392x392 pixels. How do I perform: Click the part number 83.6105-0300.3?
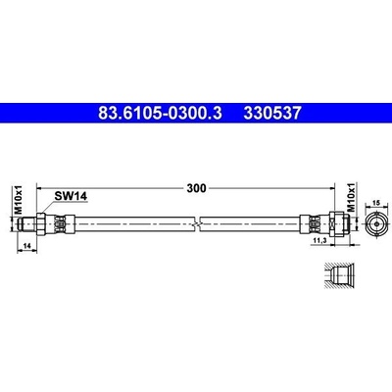click(160, 113)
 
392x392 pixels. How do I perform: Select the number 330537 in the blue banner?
click(272, 113)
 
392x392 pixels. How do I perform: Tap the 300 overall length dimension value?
click(196, 188)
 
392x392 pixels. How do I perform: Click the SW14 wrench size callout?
click(71, 196)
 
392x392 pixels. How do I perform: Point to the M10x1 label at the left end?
click(19, 199)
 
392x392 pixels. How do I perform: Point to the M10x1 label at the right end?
click(351, 197)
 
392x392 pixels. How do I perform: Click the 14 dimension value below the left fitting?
click(27, 246)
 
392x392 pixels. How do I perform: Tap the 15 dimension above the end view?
click(376, 203)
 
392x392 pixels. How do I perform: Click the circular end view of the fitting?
click(376, 224)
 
